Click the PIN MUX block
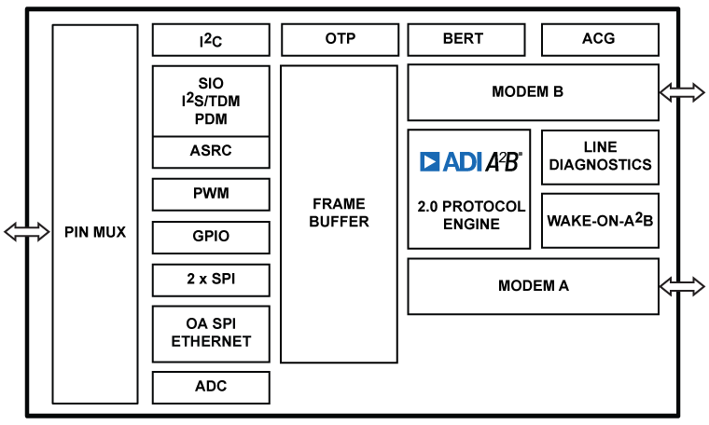click(95, 232)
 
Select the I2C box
click(211, 40)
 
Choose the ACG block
click(600, 40)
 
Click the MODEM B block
click(533, 92)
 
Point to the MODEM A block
click(533, 286)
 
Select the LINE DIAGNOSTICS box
click(600, 157)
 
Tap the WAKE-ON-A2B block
click(600, 221)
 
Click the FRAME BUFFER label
click(340, 213)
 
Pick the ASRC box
click(211, 151)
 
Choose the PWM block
click(211, 194)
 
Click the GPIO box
click(211, 237)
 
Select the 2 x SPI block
click(211, 280)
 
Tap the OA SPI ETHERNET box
click(211, 333)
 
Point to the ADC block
click(211, 387)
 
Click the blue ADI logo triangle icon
click(430, 162)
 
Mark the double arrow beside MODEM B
click(682, 91)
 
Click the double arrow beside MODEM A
click(682, 286)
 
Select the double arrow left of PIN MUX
click(27, 232)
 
